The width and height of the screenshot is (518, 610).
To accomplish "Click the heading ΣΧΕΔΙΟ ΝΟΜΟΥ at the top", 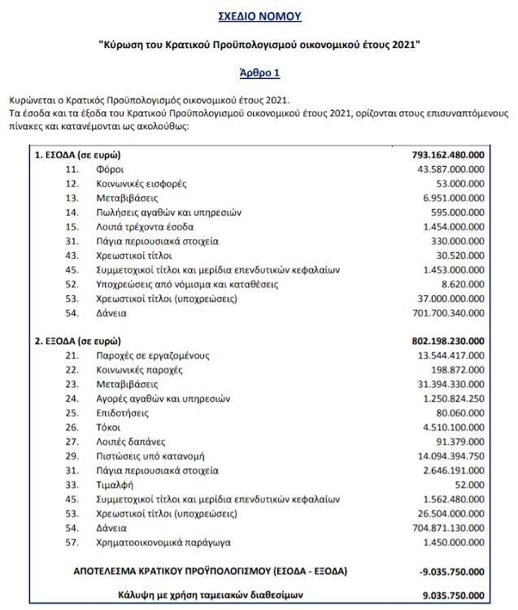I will coord(259,16).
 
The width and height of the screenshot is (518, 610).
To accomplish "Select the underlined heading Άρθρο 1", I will coord(259,72).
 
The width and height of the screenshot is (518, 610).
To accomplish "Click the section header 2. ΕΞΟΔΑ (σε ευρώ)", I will coord(80,341).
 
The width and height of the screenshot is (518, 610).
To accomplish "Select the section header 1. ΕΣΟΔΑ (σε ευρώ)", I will coord(80,155).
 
